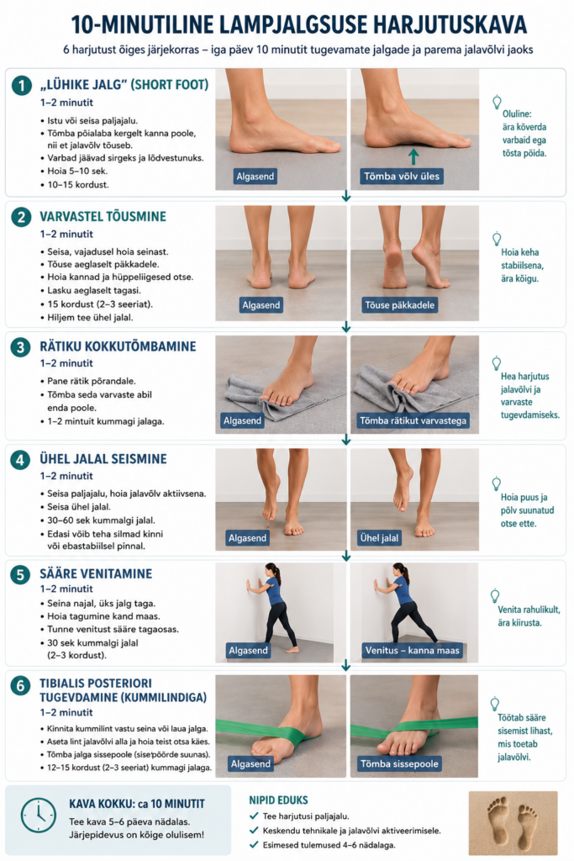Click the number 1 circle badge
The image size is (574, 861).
(22, 85)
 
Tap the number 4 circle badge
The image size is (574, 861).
(21, 460)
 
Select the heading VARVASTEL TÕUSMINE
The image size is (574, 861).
(103, 216)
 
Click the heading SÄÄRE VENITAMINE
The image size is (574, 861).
(96, 573)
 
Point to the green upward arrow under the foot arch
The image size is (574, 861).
(413, 156)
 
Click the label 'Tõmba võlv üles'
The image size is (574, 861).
(402, 177)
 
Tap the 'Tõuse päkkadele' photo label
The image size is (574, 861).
(399, 304)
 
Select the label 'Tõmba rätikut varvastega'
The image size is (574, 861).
(413, 420)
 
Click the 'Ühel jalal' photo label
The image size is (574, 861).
(379, 538)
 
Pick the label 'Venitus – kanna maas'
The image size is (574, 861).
(412, 650)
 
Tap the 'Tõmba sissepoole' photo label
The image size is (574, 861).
(399, 763)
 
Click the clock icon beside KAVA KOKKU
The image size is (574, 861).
(39, 816)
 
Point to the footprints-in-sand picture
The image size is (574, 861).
(513, 822)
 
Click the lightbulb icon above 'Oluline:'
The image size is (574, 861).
(497, 102)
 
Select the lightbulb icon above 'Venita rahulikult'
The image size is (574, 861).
(495, 596)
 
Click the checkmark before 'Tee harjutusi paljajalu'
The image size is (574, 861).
(254, 816)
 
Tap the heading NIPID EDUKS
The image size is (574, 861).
(278, 800)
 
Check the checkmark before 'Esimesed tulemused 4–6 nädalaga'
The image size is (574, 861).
(254, 845)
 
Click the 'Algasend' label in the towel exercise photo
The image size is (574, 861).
(242, 420)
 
